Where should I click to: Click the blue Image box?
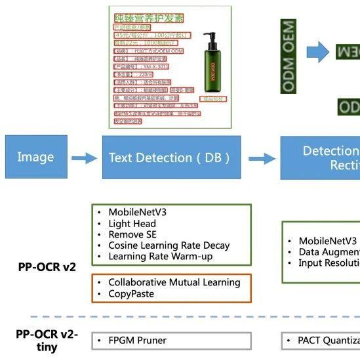[x=35, y=158]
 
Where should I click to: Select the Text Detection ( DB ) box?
[x=169, y=158]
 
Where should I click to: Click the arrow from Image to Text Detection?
[x=84, y=158]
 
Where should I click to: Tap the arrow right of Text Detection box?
[x=262, y=158]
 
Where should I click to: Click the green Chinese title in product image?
[x=149, y=18]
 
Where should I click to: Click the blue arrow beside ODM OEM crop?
[x=317, y=52]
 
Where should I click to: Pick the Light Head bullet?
[x=132, y=224]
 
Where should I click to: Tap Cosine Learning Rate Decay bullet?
[x=169, y=245]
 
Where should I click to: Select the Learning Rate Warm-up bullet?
[x=160, y=257]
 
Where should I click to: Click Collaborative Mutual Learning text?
[x=174, y=282]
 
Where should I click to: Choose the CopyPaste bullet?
[x=131, y=293]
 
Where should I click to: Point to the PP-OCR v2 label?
[x=47, y=267]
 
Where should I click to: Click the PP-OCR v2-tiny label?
[x=47, y=341]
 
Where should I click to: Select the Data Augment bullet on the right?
[x=328, y=252]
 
